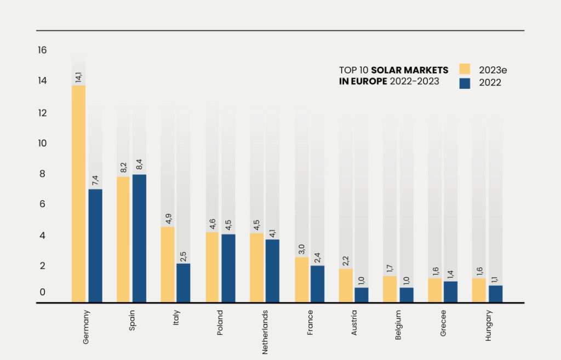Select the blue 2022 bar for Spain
click(x=139, y=238)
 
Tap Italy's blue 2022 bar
click(x=183, y=283)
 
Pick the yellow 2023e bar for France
click(x=302, y=279)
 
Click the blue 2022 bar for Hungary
click(x=495, y=294)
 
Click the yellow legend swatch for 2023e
click(x=465, y=69)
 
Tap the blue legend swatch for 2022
click(x=465, y=83)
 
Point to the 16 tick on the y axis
click(x=42, y=50)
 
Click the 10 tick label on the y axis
click(x=42, y=144)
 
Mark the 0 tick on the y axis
click(x=42, y=293)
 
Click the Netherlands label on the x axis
click(x=265, y=332)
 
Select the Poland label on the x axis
click(x=220, y=323)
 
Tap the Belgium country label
click(x=398, y=325)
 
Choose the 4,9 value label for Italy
click(x=168, y=218)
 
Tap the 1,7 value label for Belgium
click(x=391, y=267)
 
